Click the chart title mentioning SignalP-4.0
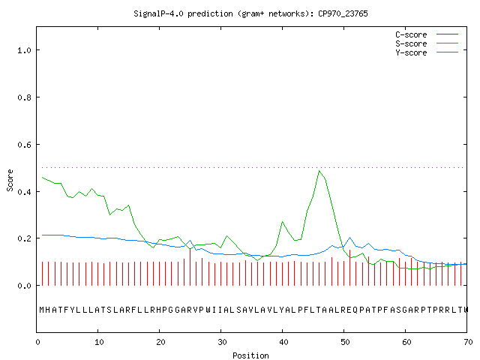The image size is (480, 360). click(x=250, y=13)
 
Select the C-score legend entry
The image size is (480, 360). click(x=427, y=34)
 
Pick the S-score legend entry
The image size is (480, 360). click(x=427, y=43)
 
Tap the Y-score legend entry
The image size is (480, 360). click(x=427, y=52)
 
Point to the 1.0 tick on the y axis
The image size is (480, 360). click(x=24, y=50)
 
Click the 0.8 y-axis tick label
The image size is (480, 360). click(x=24, y=97)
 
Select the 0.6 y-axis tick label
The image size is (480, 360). click(x=24, y=145)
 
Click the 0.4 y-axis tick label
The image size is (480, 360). click(x=24, y=192)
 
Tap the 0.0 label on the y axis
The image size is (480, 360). click(x=24, y=286)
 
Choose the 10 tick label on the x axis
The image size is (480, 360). click(x=99, y=342)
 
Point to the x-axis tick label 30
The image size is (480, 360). click(x=222, y=342)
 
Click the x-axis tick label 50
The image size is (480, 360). click(x=345, y=342)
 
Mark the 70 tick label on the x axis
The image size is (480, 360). click(x=468, y=342)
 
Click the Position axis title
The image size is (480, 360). click(x=250, y=355)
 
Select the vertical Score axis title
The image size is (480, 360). click(x=10, y=180)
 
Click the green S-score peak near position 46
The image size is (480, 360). click(x=319, y=171)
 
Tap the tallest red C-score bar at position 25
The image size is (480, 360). click(x=190, y=267)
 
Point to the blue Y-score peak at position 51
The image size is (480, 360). click(x=350, y=237)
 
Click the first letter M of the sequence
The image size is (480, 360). click(x=42, y=310)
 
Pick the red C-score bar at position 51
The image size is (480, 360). click(x=350, y=268)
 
